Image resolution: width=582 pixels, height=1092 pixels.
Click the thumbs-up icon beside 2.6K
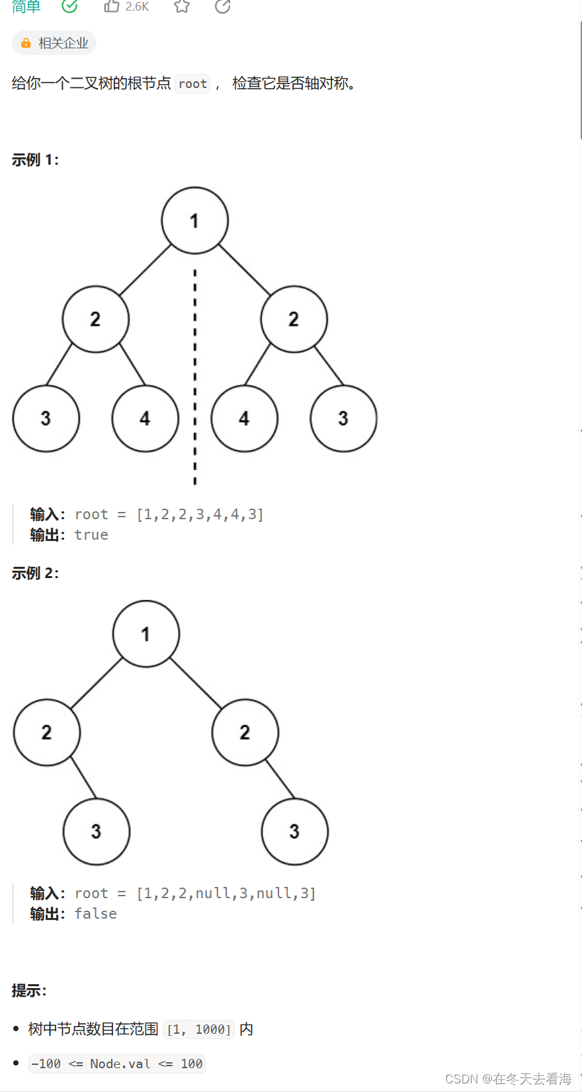pos(112,6)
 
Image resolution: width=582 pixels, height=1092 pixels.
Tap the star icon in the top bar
pos(182,6)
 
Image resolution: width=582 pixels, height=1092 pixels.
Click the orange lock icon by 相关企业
pos(26,43)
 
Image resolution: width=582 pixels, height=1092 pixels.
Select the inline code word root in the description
pos(192,84)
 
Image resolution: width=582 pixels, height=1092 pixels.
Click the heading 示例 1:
pos(35,160)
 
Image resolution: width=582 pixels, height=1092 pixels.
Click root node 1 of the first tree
pos(194,220)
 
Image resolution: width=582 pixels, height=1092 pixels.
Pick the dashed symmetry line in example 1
pos(194,377)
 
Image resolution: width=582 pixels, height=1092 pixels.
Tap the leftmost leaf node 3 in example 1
pos(46,418)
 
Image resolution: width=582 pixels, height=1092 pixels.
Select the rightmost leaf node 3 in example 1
pos(343,418)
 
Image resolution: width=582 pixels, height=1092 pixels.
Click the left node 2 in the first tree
pos(95,319)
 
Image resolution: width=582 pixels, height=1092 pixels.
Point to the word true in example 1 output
pos(91,534)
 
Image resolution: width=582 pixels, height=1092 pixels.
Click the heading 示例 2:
pos(35,573)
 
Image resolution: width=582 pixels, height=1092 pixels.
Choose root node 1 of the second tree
pos(145,634)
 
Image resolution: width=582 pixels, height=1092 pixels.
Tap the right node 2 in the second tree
pos(245,732)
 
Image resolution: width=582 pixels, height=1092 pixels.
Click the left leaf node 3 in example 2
pos(96,831)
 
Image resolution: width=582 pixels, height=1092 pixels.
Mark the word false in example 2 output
pos(95,913)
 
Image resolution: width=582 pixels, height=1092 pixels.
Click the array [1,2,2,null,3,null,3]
pos(226,893)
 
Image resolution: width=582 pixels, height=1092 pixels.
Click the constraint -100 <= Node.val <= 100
pos(117,1064)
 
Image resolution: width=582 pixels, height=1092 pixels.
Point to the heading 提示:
pos(29,991)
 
